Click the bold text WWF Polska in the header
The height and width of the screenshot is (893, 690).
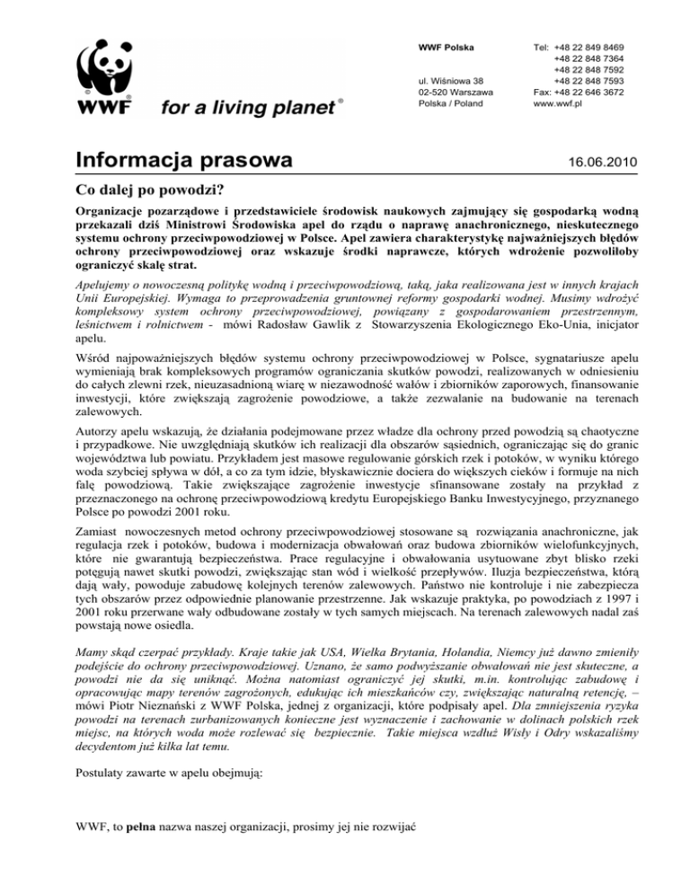447,45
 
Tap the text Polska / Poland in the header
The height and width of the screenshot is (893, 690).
451,103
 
